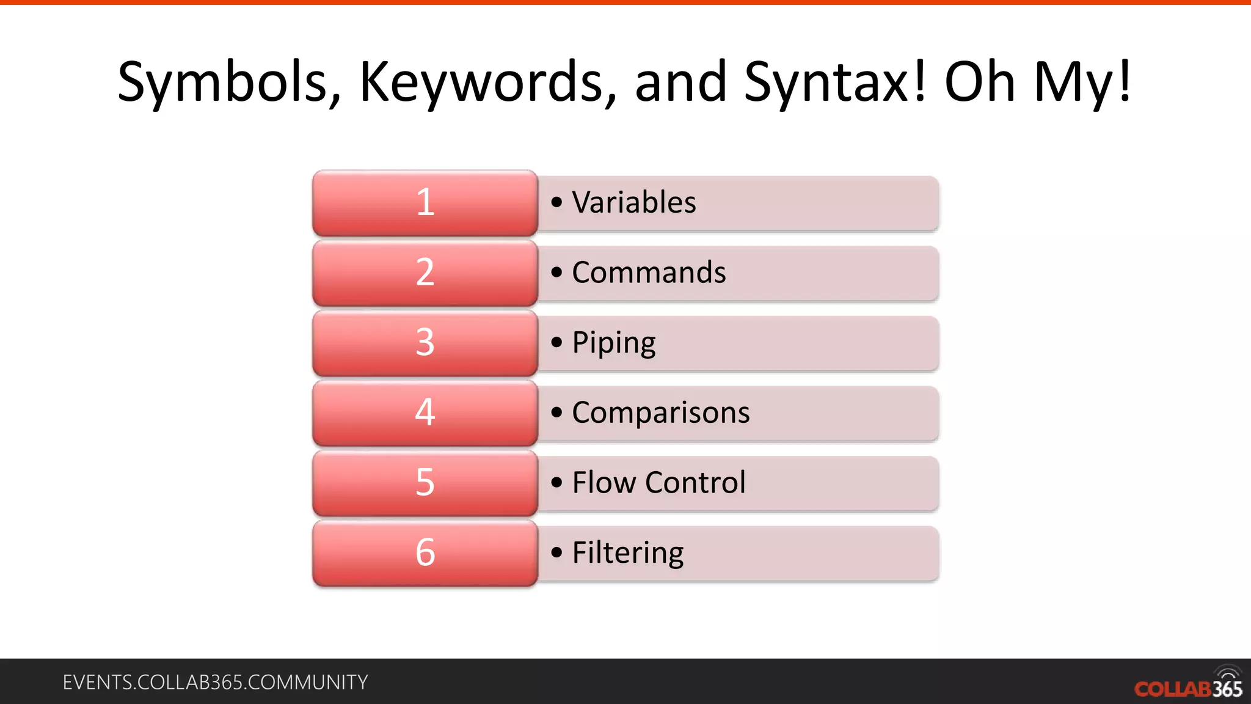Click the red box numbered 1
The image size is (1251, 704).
(425, 203)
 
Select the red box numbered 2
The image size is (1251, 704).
(425, 273)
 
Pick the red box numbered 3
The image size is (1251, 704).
(425, 343)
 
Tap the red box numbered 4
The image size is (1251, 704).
(425, 413)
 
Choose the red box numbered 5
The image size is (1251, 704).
(425, 483)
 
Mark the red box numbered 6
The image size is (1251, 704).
(425, 552)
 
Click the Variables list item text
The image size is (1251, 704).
(634, 202)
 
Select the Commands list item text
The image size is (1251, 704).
(649, 273)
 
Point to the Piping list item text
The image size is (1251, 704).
(614, 343)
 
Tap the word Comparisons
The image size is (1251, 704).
(661, 413)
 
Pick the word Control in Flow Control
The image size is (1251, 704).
(696, 482)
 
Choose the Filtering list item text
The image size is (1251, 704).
(628, 552)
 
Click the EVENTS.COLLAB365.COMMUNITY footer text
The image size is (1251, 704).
(215, 682)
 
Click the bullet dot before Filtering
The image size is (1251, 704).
(556, 552)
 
